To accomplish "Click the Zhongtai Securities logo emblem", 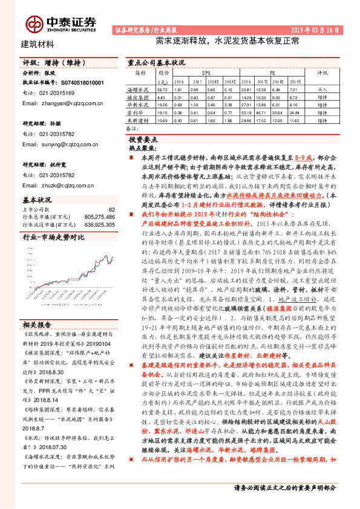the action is (x=33, y=24).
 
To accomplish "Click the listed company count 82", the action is (x=111, y=209).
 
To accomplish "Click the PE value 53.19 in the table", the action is (x=246, y=112).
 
